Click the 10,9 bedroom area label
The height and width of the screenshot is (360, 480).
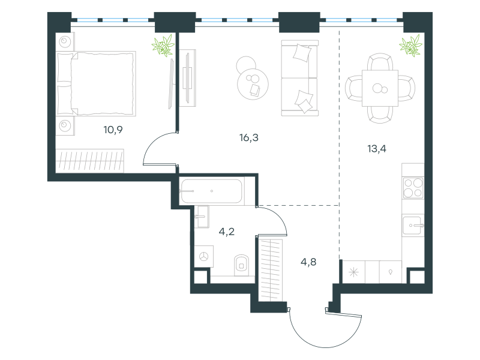tap(113, 130)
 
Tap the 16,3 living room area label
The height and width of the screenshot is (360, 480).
tap(249, 138)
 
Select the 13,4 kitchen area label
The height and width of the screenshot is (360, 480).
tap(377, 149)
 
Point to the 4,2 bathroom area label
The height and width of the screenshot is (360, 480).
tap(227, 232)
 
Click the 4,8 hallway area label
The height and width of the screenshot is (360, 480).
tap(308, 262)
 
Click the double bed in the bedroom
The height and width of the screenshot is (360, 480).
tap(96, 83)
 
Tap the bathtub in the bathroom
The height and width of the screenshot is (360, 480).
tap(212, 191)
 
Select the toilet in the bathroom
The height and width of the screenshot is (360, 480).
tap(242, 265)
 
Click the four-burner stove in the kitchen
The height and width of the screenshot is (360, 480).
tap(413, 188)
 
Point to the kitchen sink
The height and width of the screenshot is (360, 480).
tap(412, 226)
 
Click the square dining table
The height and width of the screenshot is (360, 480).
tap(380, 88)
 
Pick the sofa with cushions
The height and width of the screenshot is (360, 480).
tap(299, 79)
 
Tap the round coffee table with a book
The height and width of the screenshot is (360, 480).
tap(253, 84)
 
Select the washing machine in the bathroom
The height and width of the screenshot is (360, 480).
tap(204, 256)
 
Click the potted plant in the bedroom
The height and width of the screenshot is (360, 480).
tap(163, 46)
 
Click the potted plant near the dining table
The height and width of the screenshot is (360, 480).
tap(411, 46)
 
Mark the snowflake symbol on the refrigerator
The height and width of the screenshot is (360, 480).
tap(353, 272)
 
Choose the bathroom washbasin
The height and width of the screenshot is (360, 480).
tap(202, 217)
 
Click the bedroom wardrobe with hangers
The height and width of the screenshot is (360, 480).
tap(89, 161)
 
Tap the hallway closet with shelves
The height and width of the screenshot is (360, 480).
tap(270, 269)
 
